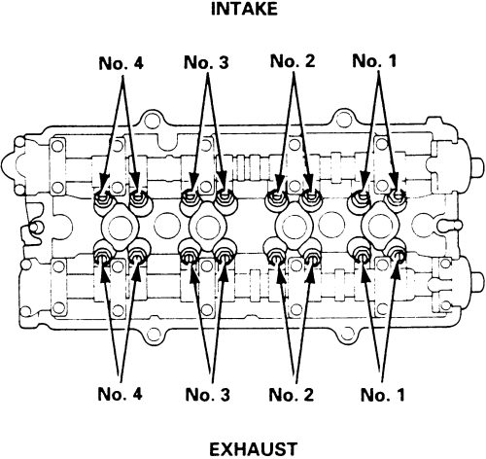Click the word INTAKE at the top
tap(244, 9)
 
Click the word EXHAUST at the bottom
tap(253, 449)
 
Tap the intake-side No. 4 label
tap(121, 63)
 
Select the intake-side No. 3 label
tap(206, 62)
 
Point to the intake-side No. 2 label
tap(293, 61)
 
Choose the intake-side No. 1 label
tap(374, 60)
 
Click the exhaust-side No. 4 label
tap(120, 394)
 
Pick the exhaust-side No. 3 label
tap(207, 395)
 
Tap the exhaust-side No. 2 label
tap(292, 395)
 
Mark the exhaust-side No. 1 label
tap(383, 395)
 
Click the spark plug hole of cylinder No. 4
tap(121, 227)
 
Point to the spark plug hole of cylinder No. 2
tap(294, 226)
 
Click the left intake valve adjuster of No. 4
tap(102, 197)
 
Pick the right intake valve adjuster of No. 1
tap(398, 195)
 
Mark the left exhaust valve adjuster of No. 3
tap(189, 256)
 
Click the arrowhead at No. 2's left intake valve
tap(279, 183)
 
